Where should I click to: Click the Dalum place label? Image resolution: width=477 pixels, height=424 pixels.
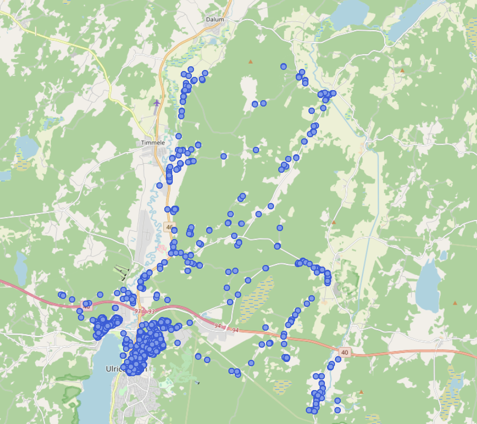pos(215,20)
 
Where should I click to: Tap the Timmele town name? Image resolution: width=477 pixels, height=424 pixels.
pos(153,143)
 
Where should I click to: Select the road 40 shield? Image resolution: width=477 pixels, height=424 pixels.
pos(345,352)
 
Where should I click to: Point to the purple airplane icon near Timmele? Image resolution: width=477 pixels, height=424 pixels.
pos(156,102)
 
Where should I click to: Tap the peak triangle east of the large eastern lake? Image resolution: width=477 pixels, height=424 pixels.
pos(455,303)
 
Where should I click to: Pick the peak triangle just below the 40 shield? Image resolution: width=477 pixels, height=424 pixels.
pos(361,392)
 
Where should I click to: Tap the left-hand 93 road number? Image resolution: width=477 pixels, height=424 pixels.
pos(138,311)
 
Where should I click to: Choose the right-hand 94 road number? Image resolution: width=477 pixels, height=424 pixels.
pos(235,330)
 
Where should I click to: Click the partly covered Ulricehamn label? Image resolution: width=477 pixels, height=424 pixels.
pos(114,369)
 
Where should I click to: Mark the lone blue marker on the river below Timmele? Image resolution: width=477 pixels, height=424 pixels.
pos(160,185)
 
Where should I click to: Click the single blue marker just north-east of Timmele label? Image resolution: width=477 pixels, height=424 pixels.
pos(179,136)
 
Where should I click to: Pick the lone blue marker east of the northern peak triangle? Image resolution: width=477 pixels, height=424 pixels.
pos(284,67)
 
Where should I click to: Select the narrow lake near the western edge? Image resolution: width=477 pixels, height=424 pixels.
pos(21,268)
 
